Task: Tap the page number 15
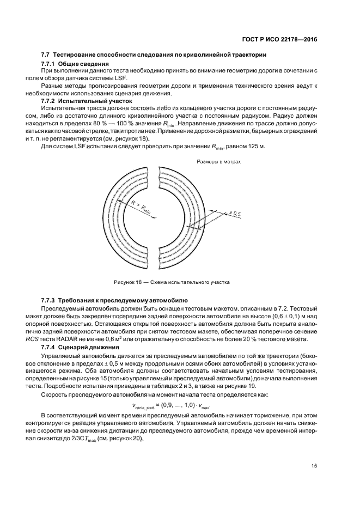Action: (x=314, y=465)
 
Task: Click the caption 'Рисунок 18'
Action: (x=129, y=282)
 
